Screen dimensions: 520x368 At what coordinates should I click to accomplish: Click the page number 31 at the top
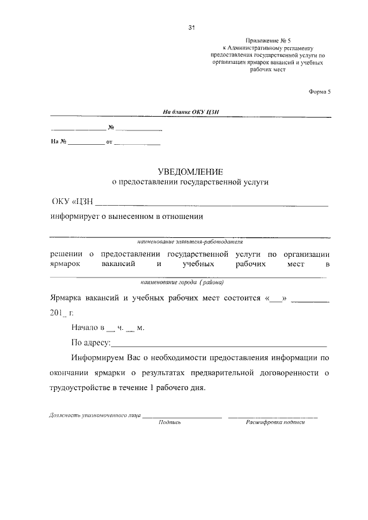192,27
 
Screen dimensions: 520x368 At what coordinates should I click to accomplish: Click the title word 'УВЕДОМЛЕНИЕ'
190,171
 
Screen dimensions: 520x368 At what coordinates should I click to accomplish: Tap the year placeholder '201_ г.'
62,313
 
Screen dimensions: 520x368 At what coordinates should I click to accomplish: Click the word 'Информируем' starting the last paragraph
101,358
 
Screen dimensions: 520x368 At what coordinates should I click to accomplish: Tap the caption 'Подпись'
170,422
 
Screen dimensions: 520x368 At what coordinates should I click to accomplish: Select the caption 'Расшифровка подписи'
275,422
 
